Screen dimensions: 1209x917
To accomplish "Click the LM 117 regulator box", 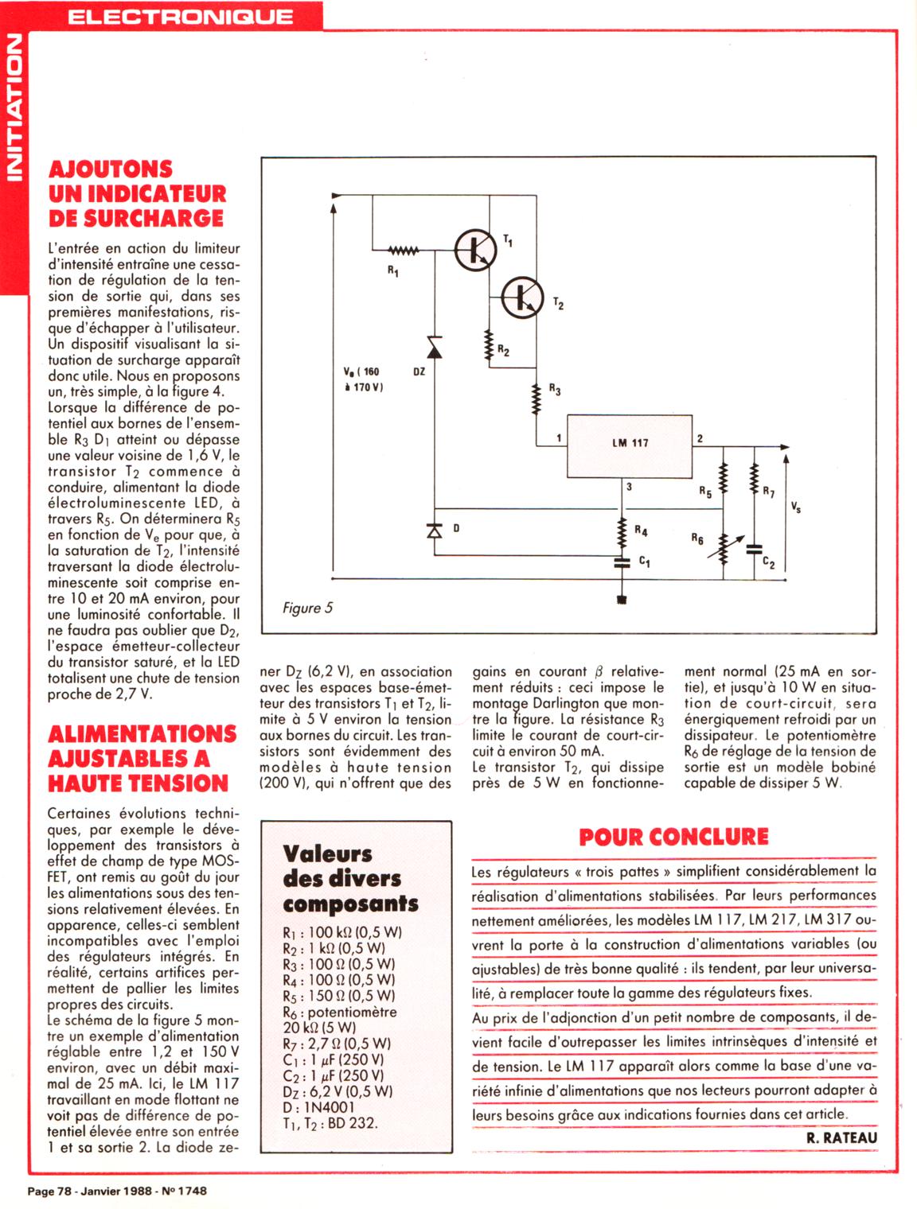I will tap(630, 445).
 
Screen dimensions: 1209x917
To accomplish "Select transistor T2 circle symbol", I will tap(522, 297).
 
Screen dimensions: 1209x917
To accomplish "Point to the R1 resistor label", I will tap(393, 271).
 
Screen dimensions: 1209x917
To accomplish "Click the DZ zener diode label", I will tap(419, 371).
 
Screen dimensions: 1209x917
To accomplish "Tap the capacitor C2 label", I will tap(768, 563).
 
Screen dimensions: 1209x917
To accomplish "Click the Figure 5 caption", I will tap(307, 608).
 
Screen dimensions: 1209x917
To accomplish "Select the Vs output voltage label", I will tap(795, 507).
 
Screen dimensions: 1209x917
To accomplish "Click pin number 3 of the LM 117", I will tap(629, 486).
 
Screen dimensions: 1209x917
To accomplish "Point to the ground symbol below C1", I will tap(622, 599).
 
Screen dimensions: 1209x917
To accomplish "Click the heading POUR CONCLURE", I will tap(673, 837).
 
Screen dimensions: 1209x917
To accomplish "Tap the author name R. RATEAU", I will tap(841, 1138).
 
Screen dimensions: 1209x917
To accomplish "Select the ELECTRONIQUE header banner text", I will tap(180, 17).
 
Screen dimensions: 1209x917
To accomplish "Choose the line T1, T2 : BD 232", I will tap(330, 1123).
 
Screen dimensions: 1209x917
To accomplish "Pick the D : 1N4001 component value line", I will tap(318, 1107).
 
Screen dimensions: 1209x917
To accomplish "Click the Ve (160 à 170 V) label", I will tap(363, 379).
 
